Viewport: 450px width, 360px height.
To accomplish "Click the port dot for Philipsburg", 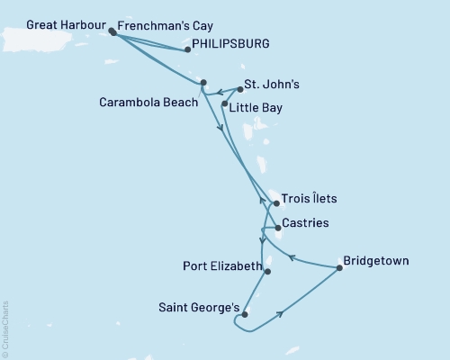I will [x=187, y=50].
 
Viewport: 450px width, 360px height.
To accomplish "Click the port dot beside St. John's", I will [x=240, y=90].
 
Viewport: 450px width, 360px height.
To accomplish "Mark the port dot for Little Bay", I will [x=224, y=104].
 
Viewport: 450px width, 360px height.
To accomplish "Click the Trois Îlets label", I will [x=310, y=198].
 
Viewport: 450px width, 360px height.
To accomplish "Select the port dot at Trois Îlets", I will [x=276, y=203].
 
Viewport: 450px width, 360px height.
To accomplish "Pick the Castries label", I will [x=304, y=222].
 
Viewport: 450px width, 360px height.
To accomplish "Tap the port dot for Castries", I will [x=278, y=228].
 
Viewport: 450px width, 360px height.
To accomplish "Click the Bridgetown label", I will [x=377, y=261].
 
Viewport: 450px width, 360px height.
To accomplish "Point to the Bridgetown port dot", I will [x=339, y=267].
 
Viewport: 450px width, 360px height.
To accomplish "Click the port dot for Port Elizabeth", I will [x=267, y=271].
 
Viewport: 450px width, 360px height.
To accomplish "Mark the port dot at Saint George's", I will [x=245, y=314].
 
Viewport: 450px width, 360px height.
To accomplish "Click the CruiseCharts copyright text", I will [x=5, y=328].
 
